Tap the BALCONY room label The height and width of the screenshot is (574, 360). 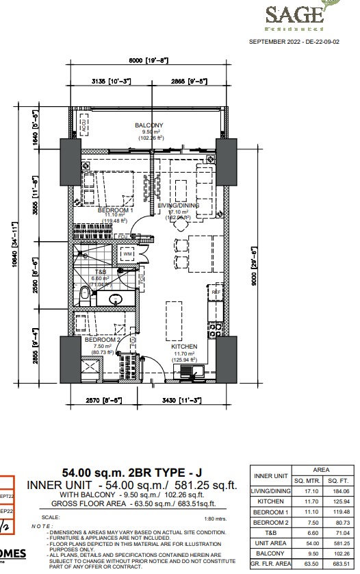(149, 125)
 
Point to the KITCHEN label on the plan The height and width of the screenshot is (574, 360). (184, 347)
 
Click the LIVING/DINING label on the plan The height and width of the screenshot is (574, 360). (179, 205)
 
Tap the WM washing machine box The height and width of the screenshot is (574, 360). (127, 255)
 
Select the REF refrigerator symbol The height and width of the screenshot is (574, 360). (216, 292)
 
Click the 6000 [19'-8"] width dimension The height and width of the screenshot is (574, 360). (148, 60)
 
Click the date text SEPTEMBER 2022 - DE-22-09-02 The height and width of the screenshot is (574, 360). (303, 42)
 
